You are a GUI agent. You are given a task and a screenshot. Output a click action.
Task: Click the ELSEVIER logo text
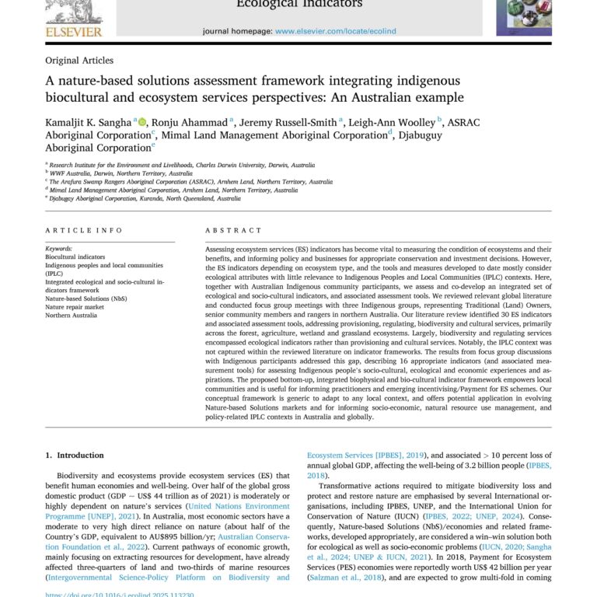pos(73,31)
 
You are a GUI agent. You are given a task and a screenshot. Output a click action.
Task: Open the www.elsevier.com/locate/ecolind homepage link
pos(335,31)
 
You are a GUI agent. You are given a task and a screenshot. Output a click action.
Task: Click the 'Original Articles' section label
pos(79,61)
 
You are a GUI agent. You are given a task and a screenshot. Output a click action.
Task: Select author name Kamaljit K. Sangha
pos(88,122)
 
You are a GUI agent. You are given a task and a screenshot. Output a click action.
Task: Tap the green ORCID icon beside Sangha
pos(142,121)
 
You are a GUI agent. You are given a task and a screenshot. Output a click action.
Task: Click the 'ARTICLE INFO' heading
pos(83,231)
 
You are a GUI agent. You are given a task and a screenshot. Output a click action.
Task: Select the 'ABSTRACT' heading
pos(234,231)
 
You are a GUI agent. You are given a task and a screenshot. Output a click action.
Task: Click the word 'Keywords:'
pos(59,248)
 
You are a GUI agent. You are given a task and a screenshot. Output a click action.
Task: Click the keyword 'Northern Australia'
pos(72,316)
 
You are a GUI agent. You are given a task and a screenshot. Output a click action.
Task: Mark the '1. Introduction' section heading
pos(75,456)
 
